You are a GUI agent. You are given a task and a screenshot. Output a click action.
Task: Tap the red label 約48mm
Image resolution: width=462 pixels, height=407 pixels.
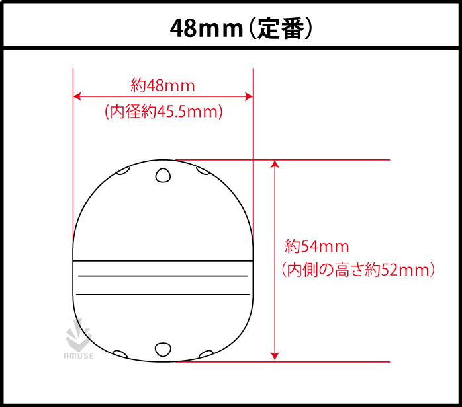click(162, 85)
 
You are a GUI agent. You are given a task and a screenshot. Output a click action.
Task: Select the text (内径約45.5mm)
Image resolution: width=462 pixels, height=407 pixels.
click(163, 112)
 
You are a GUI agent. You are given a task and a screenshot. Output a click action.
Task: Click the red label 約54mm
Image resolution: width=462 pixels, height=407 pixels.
click(316, 247)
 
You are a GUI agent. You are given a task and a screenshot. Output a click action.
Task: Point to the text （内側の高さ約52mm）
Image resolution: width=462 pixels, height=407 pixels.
click(357, 270)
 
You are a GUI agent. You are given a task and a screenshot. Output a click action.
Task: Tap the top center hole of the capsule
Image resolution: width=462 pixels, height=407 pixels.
click(163, 174)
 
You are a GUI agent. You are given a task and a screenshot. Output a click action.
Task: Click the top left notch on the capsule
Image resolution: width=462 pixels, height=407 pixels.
click(122, 172)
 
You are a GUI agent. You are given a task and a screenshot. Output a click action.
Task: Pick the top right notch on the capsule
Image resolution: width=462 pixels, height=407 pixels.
click(203, 171)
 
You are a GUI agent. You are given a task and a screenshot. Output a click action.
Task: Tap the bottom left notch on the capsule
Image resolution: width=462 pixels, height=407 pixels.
click(120, 353)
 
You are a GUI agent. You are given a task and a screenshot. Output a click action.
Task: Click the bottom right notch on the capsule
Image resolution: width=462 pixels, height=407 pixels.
click(205, 353)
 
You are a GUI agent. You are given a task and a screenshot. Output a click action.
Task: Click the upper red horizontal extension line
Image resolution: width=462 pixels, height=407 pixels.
click(331, 160)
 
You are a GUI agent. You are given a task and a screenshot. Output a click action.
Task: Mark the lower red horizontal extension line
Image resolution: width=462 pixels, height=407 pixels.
click(331, 362)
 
